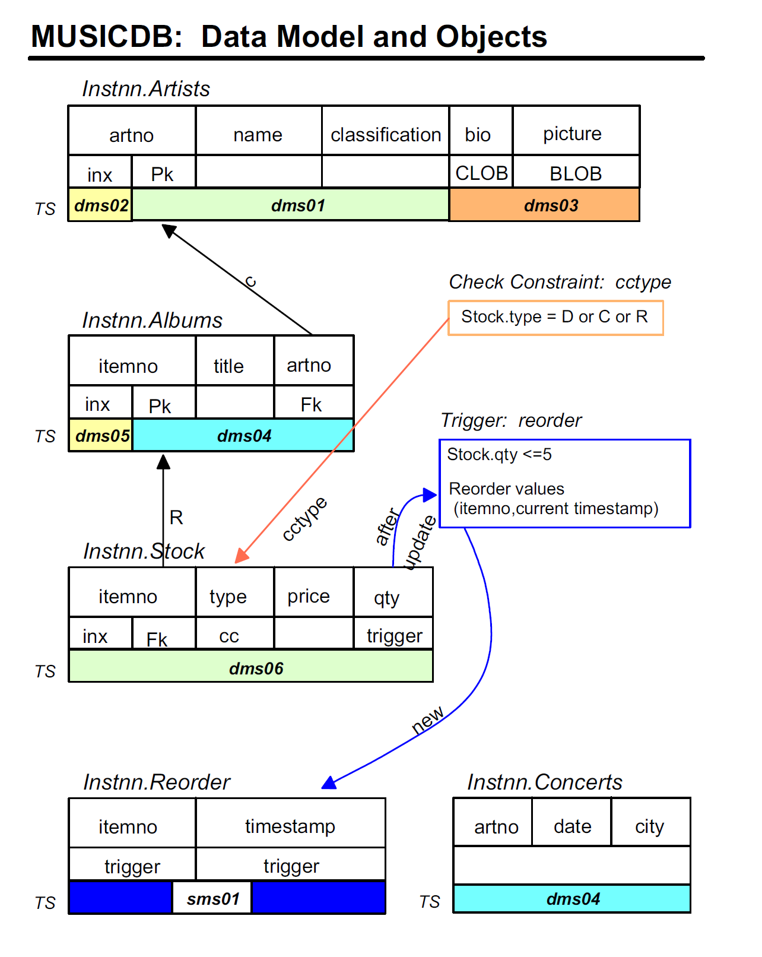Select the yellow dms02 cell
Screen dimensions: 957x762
point(100,205)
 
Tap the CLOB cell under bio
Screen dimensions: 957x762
point(481,173)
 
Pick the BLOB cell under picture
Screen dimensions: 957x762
point(576,173)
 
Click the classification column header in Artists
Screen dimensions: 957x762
point(385,135)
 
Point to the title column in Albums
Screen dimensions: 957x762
point(228,366)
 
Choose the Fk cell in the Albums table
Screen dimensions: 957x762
point(311,405)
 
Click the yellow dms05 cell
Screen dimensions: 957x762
point(101,436)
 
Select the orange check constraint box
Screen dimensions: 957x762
point(555,318)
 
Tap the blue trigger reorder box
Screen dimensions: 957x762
point(564,483)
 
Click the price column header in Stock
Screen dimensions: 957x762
point(308,596)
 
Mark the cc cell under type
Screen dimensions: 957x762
point(228,636)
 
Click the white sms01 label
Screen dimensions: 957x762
point(212,898)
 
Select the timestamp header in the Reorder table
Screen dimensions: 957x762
point(290,826)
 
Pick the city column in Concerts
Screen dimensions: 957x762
point(649,826)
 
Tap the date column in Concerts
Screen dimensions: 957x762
point(572,826)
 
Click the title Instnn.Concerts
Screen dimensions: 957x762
point(544,782)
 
